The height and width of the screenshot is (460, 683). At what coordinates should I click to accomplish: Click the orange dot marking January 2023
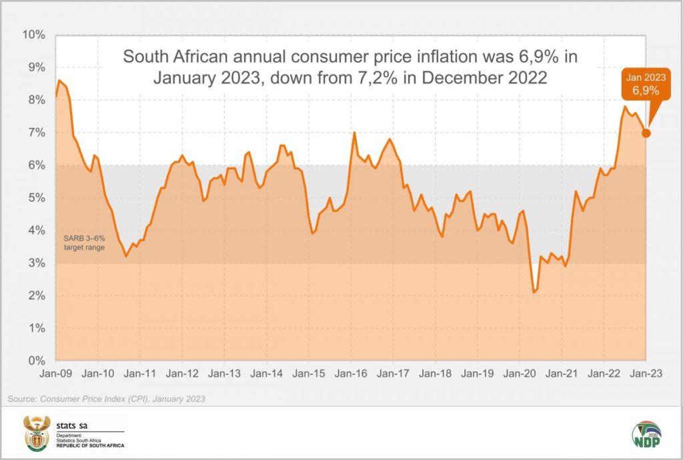click(x=646, y=133)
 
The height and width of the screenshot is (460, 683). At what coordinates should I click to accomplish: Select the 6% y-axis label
click(x=36, y=165)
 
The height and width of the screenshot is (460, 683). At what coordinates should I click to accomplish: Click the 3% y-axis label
click(x=36, y=263)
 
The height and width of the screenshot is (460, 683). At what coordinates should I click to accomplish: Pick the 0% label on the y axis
click(x=36, y=361)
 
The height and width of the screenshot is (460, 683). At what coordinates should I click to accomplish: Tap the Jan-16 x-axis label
click(x=351, y=374)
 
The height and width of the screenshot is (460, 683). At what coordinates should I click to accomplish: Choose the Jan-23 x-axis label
click(x=646, y=374)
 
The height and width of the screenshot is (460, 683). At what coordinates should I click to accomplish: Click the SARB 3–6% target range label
click(x=84, y=243)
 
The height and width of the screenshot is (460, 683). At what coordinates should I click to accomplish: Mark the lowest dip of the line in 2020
click(x=534, y=292)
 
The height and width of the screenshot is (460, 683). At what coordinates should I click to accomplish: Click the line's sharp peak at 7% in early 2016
click(x=354, y=133)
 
